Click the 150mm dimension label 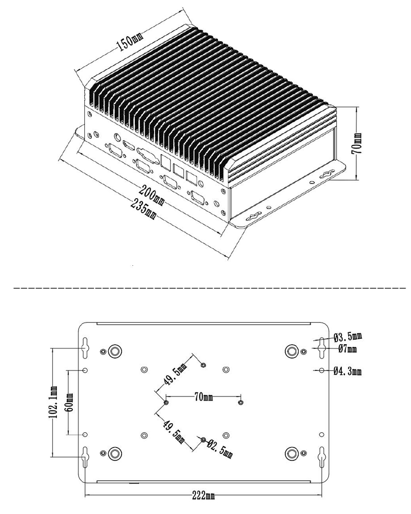[x=130, y=42]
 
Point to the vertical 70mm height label [x=357, y=144]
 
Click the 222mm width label [x=203, y=496]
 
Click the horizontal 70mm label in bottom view [x=203, y=397]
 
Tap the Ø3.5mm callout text [x=348, y=337]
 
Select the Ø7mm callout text [x=347, y=349]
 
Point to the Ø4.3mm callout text [x=348, y=371]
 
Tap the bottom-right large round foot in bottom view [x=292, y=453]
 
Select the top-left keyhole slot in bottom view [x=85, y=345]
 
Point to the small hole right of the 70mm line [x=241, y=402]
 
